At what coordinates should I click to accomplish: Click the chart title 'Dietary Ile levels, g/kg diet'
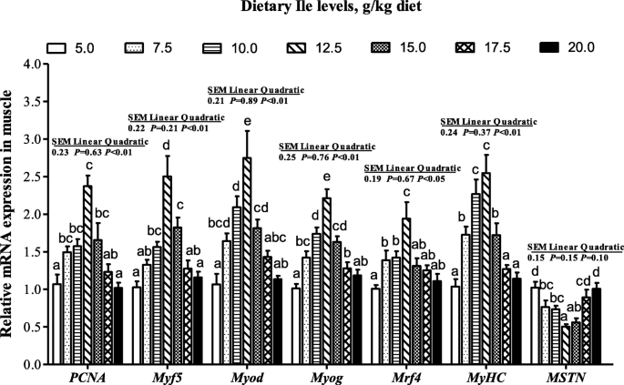[x=312, y=8]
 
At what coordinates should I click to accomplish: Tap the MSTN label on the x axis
[x=568, y=377]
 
